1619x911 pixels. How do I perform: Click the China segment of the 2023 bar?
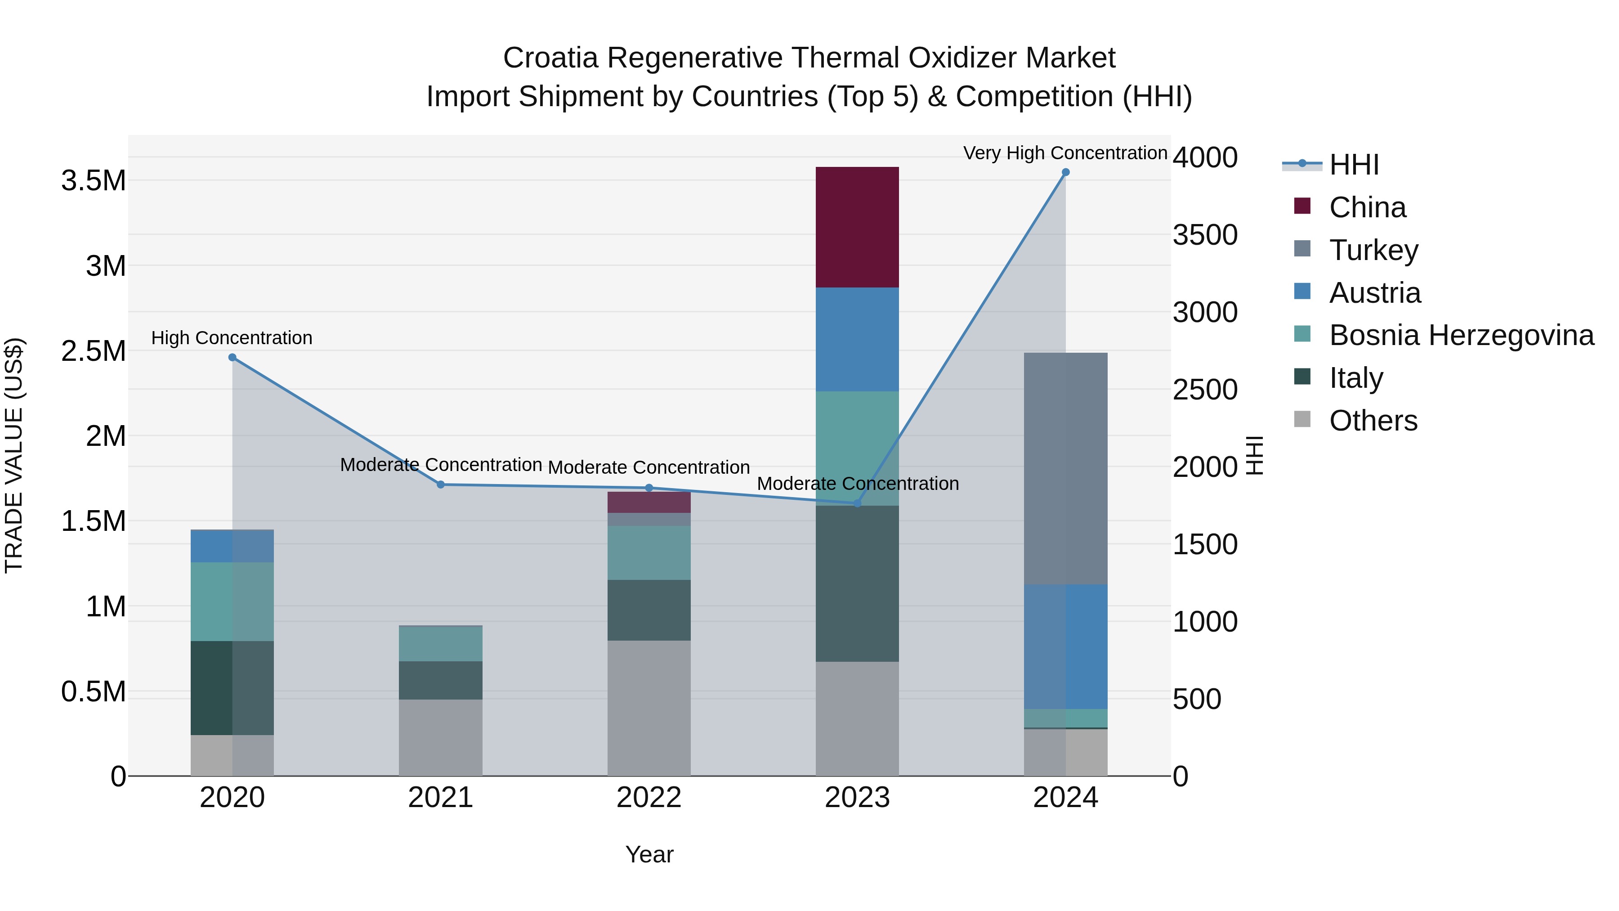(857, 227)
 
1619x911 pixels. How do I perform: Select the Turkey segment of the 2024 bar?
(1065, 468)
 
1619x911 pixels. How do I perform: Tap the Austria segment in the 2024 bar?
(1065, 646)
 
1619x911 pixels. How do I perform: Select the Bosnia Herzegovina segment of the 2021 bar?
(441, 644)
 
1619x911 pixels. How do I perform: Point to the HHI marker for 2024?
(1065, 172)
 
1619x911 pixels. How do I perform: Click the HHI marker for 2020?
(233, 357)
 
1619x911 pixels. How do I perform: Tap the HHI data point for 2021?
(441, 484)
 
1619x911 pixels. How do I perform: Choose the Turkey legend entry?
(1373, 250)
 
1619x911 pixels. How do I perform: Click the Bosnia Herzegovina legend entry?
(1461, 335)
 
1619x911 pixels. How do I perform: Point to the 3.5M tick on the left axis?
(94, 181)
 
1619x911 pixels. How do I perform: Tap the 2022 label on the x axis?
(648, 798)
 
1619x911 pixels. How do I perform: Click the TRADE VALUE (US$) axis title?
(14, 455)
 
